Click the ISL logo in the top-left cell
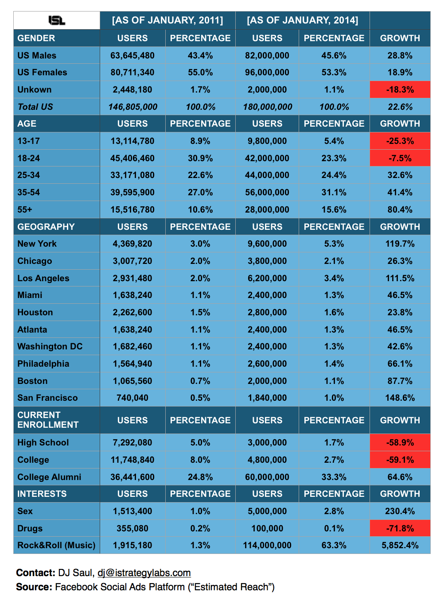[x=57, y=20]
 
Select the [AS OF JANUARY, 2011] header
[x=167, y=20]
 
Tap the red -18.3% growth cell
[x=400, y=89]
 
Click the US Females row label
[x=42, y=72]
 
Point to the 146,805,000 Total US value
[x=132, y=107]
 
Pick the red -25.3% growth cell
[x=400, y=141]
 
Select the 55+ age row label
[x=25, y=209]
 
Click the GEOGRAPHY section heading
[x=46, y=227]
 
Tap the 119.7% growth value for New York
[x=400, y=244]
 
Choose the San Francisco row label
[x=47, y=398]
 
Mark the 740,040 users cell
[x=132, y=398]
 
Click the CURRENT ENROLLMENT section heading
[x=48, y=420]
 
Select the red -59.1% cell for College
[x=400, y=460]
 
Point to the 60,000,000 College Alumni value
[x=267, y=477]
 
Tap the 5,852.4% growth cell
[x=400, y=545]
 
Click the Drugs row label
[x=30, y=528]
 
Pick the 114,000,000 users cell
[x=267, y=545]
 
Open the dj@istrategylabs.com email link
[x=144, y=573]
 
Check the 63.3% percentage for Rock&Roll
[x=334, y=545]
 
